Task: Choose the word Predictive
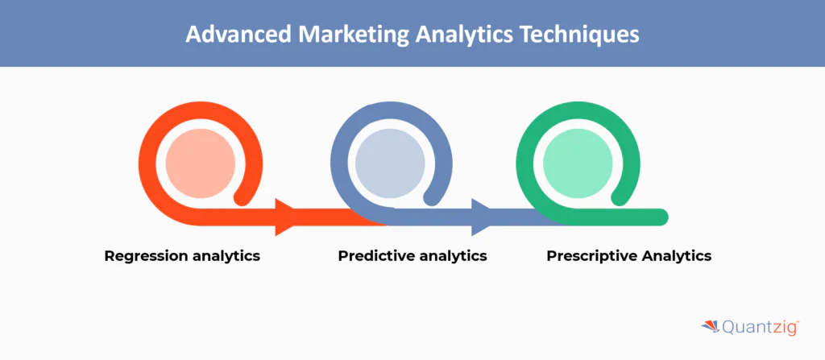point(375,256)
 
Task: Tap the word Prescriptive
point(591,256)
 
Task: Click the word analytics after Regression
point(227,256)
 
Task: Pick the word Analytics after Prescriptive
point(676,256)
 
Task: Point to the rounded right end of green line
point(661,217)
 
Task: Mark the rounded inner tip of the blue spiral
point(433,196)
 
